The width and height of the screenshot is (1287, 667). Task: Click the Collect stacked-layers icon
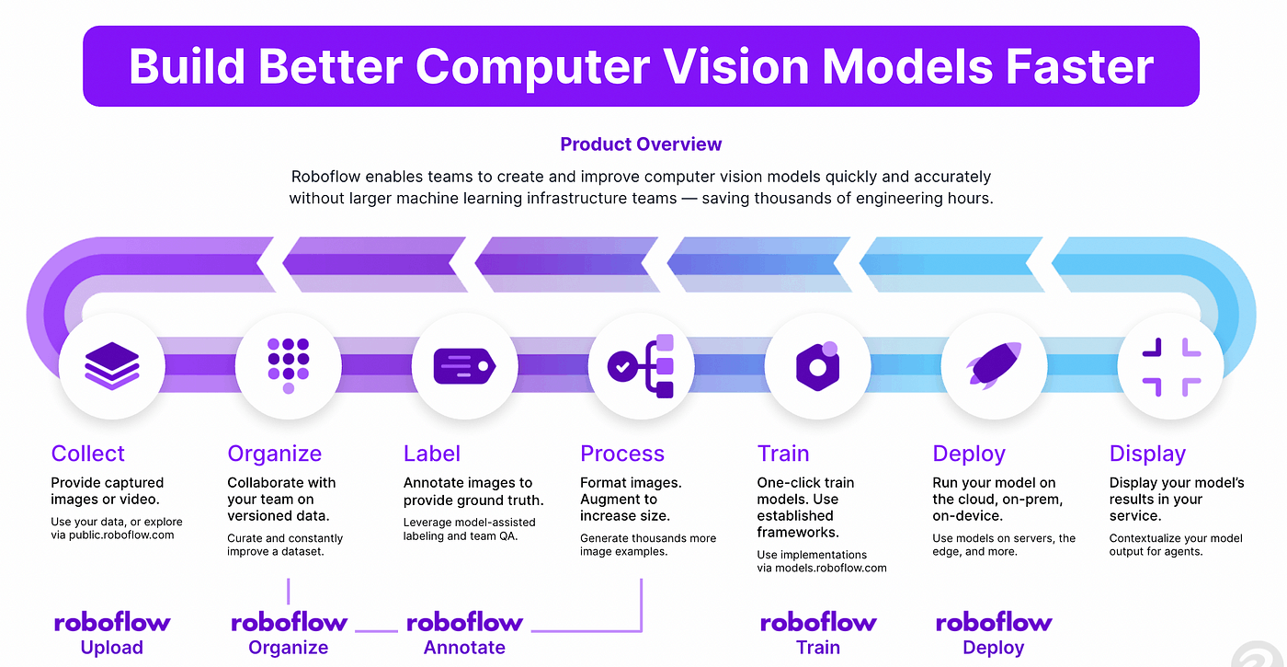point(112,366)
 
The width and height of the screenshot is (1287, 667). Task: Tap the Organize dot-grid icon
point(288,365)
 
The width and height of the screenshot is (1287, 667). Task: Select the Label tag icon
point(464,365)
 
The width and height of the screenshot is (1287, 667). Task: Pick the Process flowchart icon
point(641,365)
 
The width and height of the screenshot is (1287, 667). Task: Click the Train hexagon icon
point(817,365)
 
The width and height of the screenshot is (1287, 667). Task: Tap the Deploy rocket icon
point(994,365)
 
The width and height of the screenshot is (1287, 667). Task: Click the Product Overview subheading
point(641,144)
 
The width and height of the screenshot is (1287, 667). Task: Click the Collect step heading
point(88,454)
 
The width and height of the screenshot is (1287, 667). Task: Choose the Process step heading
point(622,454)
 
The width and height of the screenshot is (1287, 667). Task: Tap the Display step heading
point(1147,454)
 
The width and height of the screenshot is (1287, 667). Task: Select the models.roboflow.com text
point(833,568)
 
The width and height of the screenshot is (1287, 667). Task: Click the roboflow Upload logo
point(112,623)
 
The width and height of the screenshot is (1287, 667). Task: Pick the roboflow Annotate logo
point(464,623)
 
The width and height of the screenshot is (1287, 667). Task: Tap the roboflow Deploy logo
point(994,623)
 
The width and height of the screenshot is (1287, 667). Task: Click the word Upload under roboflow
point(112,648)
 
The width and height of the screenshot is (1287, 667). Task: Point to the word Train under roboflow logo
point(818,648)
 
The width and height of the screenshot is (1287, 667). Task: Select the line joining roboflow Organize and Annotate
point(376,630)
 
